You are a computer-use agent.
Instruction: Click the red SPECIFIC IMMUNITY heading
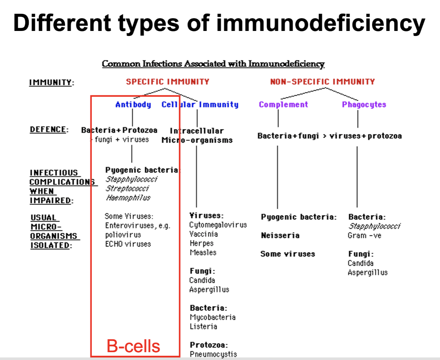(167, 82)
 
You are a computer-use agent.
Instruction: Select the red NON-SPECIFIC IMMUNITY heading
(322, 82)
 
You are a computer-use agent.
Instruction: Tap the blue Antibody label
(133, 105)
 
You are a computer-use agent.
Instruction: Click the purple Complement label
(283, 105)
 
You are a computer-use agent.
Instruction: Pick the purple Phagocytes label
(364, 105)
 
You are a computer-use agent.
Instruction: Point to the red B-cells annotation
(133, 346)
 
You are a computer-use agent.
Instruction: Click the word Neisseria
(280, 235)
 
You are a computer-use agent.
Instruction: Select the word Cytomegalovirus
(218, 225)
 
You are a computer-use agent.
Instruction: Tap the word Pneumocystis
(213, 354)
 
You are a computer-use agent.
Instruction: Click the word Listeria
(203, 327)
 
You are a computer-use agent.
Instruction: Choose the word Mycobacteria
(213, 317)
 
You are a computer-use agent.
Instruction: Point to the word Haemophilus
(128, 198)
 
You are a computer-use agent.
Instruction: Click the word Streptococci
(127, 189)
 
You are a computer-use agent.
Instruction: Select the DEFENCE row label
(49, 129)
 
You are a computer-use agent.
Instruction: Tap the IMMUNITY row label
(51, 83)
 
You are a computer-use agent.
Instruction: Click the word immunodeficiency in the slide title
(320, 23)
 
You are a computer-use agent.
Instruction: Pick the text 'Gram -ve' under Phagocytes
(364, 235)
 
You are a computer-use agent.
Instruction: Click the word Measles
(203, 253)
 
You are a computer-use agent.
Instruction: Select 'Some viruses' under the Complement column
(288, 254)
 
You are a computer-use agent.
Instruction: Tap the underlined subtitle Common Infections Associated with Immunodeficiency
(213, 64)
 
